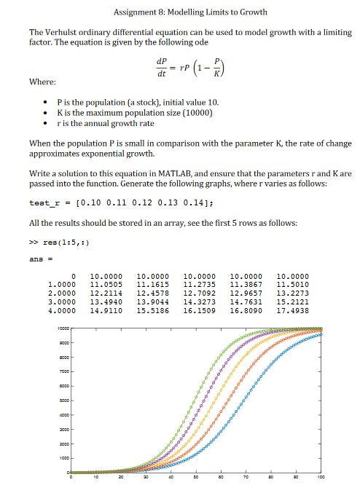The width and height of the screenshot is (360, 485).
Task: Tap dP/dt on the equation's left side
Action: coord(161,66)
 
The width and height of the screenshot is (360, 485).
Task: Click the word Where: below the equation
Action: coord(42,82)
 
